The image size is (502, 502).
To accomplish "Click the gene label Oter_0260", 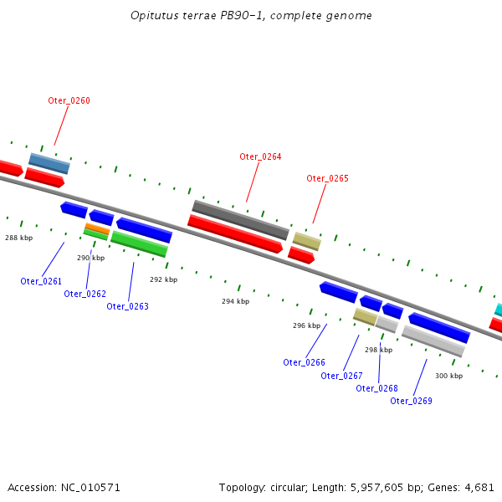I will tap(69, 101).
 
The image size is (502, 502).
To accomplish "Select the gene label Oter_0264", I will tap(260, 156).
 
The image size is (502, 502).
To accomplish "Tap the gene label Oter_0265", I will tap(327, 178).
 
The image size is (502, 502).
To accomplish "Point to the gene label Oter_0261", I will tap(41, 281).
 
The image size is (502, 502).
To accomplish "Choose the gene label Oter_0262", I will tap(85, 294).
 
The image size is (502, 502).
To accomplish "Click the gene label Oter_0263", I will tap(127, 306).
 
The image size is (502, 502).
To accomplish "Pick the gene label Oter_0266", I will tap(304, 362).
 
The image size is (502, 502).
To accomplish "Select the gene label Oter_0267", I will tap(341, 376).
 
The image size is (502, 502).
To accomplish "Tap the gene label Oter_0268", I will tap(376, 388).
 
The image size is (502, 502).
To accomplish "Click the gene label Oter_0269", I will tap(411, 401).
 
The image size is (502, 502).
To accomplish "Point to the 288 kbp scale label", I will tap(18, 238).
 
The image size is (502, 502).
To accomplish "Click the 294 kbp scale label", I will tap(235, 301).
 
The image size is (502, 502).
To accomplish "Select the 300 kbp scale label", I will tap(448, 376).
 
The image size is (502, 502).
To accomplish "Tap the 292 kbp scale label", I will tap(163, 279).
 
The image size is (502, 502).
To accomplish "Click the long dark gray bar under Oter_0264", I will tap(240, 219).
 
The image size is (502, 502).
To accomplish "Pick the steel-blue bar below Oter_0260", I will tap(49, 163).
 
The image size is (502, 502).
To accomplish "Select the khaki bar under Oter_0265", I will tap(307, 241).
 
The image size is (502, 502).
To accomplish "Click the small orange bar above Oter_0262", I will tap(97, 228).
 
